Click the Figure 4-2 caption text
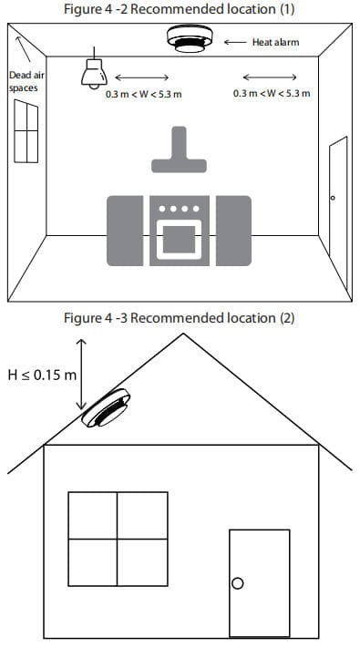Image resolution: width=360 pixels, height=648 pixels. (179, 9)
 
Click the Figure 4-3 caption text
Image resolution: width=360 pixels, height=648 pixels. (179, 318)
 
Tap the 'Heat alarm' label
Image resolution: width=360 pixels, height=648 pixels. (276, 42)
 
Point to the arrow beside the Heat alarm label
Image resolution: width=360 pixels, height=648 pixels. (234, 42)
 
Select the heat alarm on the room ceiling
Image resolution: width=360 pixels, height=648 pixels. (190, 38)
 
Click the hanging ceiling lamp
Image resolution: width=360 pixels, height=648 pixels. (92, 73)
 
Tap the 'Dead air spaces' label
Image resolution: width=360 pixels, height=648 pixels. (23, 81)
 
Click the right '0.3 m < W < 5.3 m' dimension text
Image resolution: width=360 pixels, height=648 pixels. (272, 93)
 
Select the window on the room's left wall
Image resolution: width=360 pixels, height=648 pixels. (26, 131)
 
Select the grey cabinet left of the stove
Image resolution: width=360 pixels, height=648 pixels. (126, 228)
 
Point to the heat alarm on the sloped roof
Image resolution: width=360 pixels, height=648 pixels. (108, 409)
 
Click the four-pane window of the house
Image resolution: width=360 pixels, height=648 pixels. (118, 540)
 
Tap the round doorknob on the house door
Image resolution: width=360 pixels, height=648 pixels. (239, 583)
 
